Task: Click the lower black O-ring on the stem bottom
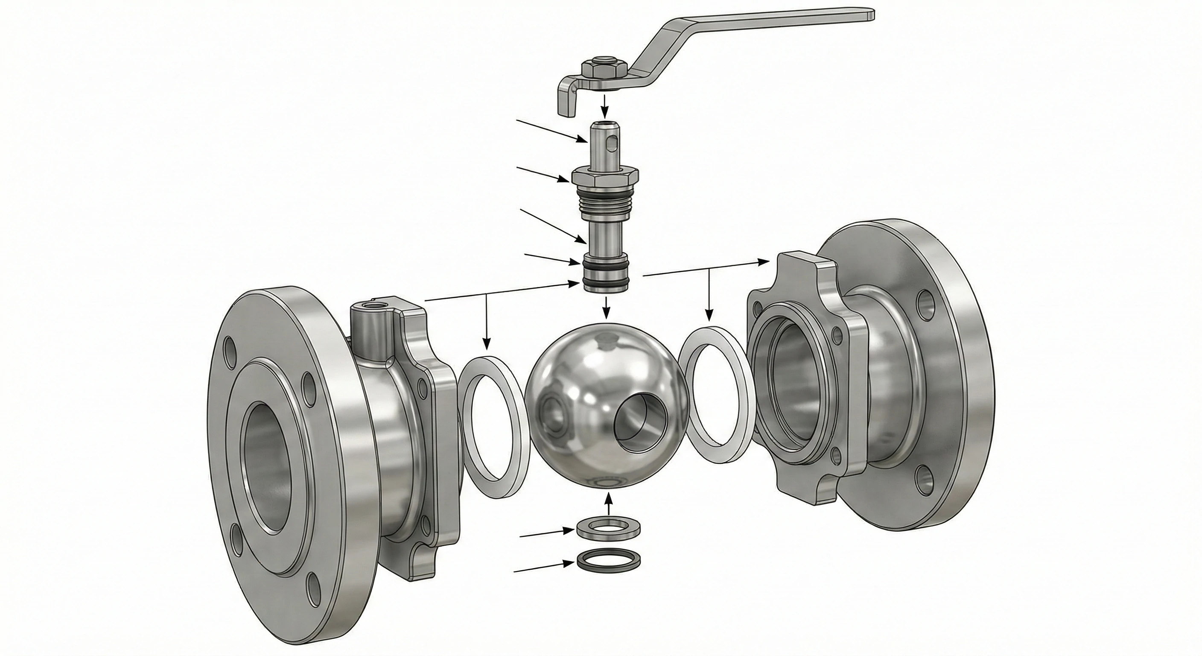coord(605,282)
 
